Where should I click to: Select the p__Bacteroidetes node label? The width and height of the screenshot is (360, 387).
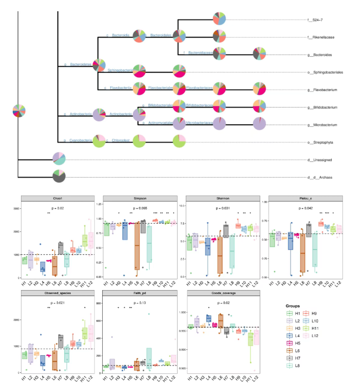(78, 64)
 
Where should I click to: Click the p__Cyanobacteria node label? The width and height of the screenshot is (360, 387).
(78, 141)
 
